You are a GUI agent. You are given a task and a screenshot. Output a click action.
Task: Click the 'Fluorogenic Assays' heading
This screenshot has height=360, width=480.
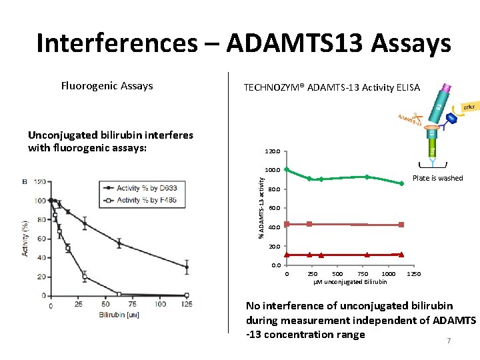click(x=107, y=85)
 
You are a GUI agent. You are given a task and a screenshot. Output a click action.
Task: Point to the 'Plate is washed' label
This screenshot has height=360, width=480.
click(x=437, y=178)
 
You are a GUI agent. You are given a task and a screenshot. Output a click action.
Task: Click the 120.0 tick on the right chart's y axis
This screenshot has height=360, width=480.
click(x=275, y=151)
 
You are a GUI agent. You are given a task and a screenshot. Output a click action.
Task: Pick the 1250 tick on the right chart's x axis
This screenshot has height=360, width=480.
click(x=413, y=274)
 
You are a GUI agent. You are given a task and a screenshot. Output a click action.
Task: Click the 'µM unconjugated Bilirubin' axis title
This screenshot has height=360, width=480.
click(x=350, y=282)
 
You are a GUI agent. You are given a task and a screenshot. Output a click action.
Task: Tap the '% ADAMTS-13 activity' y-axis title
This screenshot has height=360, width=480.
click(x=261, y=204)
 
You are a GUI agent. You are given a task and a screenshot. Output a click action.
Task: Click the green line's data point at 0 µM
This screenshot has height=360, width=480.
click(x=287, y=169)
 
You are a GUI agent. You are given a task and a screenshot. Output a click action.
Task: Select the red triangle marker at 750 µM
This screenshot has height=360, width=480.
click(x=367, y=255)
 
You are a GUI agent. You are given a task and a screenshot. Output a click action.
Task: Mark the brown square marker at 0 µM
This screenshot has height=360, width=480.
click(x=287, y=224)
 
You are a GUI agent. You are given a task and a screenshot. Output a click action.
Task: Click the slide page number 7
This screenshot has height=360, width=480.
click(x=449, y=341)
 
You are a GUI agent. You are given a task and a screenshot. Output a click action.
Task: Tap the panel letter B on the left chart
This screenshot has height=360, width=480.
click(x=25, y=182)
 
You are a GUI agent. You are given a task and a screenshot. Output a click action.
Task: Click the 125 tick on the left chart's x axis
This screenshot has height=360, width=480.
click(x=187, y=305)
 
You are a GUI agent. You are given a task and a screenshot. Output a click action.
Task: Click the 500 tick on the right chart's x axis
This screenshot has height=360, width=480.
click(x=337, y=274)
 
